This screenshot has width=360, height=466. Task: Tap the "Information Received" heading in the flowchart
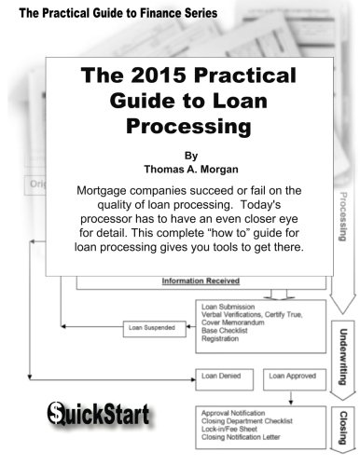200,280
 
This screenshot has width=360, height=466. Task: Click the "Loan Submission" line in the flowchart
231,306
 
